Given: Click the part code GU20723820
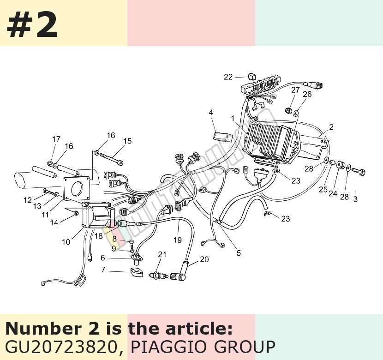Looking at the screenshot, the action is pos(62,347).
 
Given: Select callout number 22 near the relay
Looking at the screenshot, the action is pos(228,77).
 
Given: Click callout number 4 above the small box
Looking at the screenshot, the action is pos(211,112).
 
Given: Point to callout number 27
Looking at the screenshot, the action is pos(295,90).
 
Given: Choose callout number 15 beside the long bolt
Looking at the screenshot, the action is pos(127,141).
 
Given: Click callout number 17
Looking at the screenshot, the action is pos(56,139).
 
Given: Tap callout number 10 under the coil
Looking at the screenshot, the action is pos(66,242).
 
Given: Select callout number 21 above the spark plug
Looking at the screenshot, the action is pos(162,254).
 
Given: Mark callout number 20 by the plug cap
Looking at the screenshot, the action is pos(204,259).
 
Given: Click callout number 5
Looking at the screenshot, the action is pos(239,253).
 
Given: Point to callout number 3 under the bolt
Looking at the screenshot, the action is pos(355,199).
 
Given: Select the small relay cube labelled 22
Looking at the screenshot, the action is pos(252,76).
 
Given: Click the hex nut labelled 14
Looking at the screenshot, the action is pos(76,213).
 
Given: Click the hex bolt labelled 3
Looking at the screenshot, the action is pos(359,171).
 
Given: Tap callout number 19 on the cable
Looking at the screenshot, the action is pos(178,240).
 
